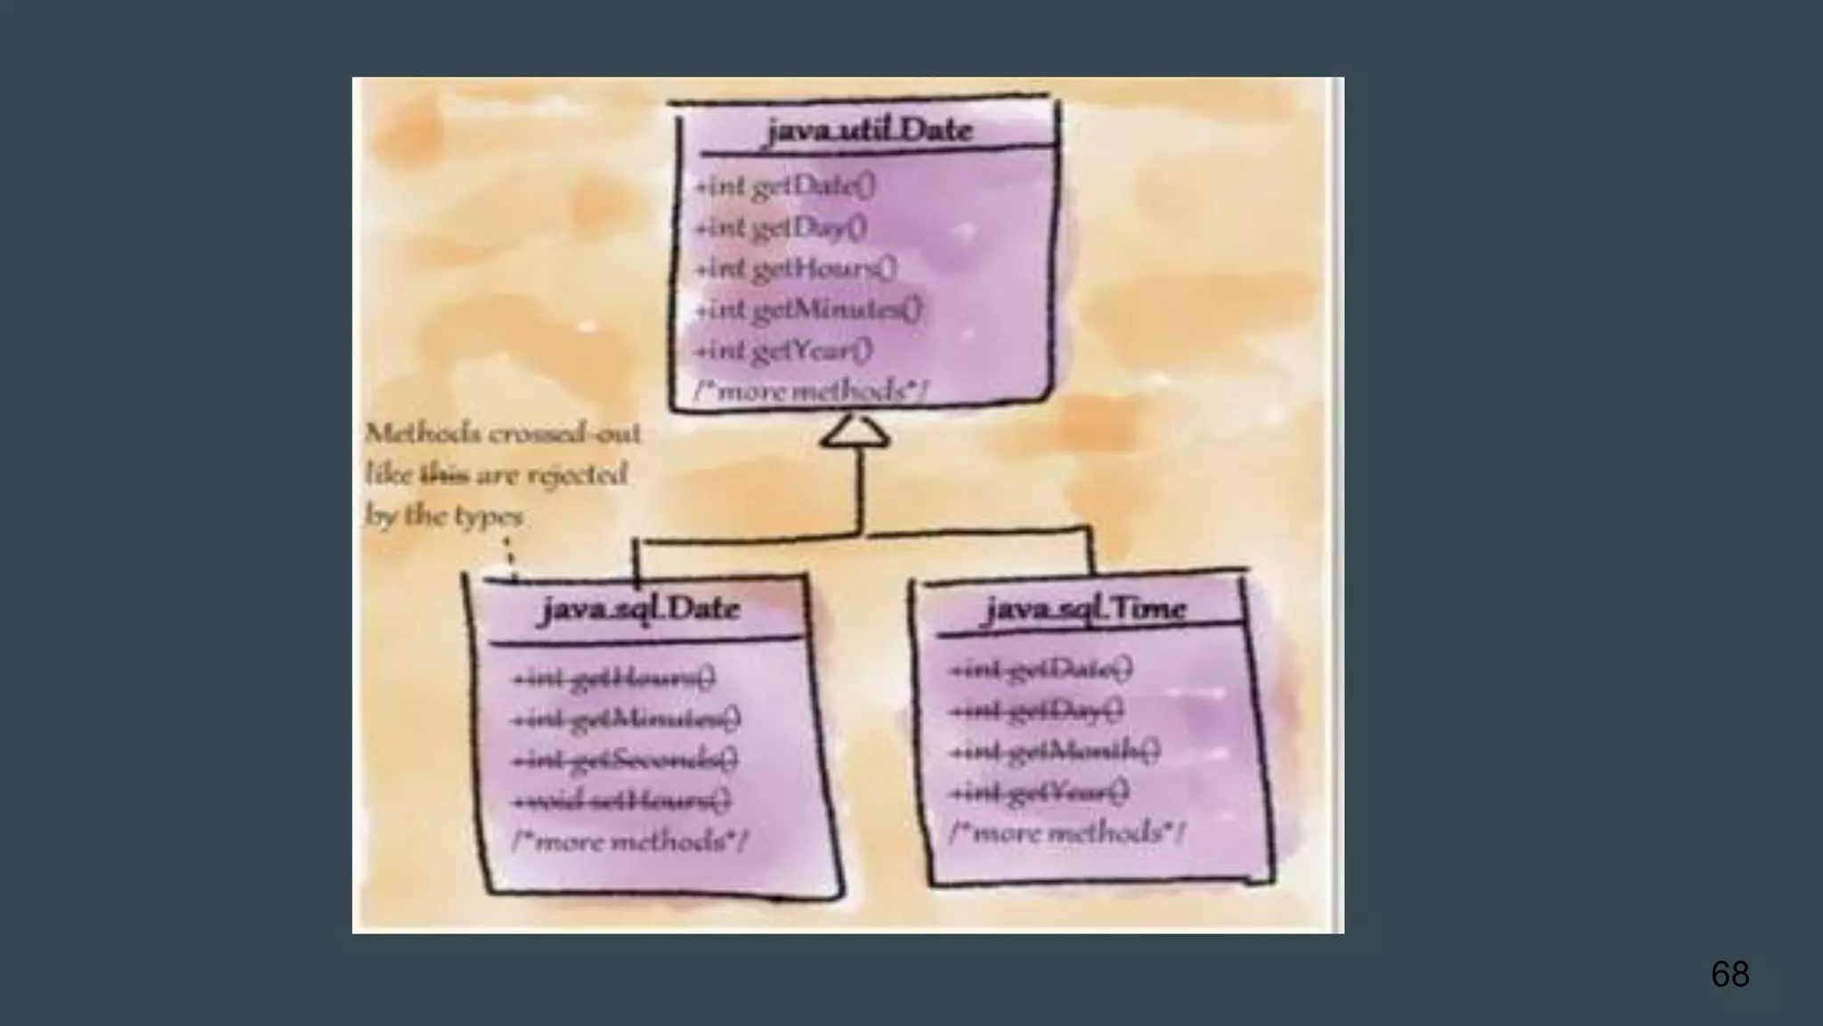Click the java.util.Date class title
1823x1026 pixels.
coord(869,131)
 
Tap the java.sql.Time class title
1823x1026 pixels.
coord(1085,609)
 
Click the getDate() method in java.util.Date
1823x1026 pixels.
coord(785,186)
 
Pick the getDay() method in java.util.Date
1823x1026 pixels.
coord(781,228)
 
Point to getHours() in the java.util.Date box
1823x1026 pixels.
coord(796,268)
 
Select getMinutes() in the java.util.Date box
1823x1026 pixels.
coord(808,310)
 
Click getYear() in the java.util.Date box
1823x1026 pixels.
coord(783,351)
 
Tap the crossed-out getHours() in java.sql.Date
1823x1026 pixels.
coord(613,680)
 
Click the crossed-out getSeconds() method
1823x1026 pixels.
coord(625,761)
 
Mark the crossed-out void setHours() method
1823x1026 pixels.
coord(621,802)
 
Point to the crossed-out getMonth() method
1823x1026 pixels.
coord(1055,752)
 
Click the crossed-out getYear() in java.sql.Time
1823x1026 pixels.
coord(1040,792)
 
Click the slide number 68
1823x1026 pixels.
coord(1730,974)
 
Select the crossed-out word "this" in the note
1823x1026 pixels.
coord(444,475)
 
